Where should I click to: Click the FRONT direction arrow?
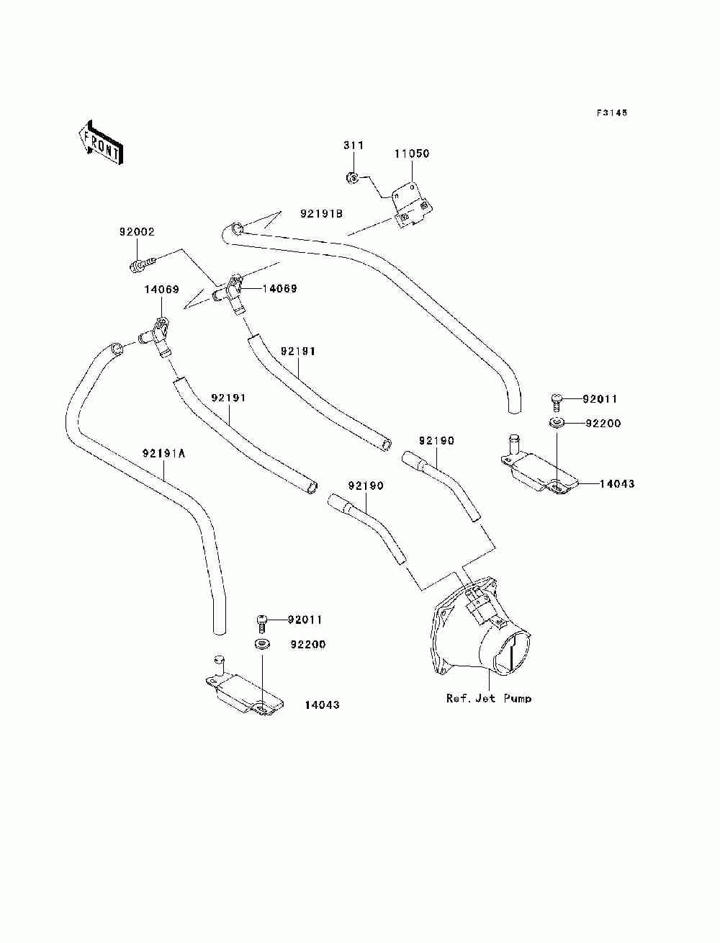coord(102,143)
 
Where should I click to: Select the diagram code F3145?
coord(611,112)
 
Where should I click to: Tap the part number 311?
coord(354,146)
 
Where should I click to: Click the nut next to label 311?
coord(352,176)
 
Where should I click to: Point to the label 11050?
coord(412,153)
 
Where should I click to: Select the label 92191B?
coord(321,213)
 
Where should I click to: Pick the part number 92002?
coord(137,232)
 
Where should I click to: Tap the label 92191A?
coord(164,453)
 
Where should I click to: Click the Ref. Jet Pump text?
coord(489,698)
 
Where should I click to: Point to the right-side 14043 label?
coord(616,483)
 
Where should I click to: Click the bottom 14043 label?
coord(322,705)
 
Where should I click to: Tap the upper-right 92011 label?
coord(599,399)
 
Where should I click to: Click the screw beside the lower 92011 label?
coord(262,624)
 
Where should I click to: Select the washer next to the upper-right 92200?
coord(557,423)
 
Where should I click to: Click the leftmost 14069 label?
coord(161,289)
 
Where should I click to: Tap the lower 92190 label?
coord(365,486)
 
